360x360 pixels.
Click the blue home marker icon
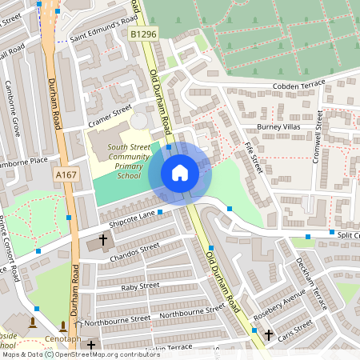click(180, 172)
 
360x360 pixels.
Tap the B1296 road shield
click(142, 34)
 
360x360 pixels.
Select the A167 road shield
click(65, 174)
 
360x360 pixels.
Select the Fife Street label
click(254, 157)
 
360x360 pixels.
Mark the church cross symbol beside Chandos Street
click(102, 239)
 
